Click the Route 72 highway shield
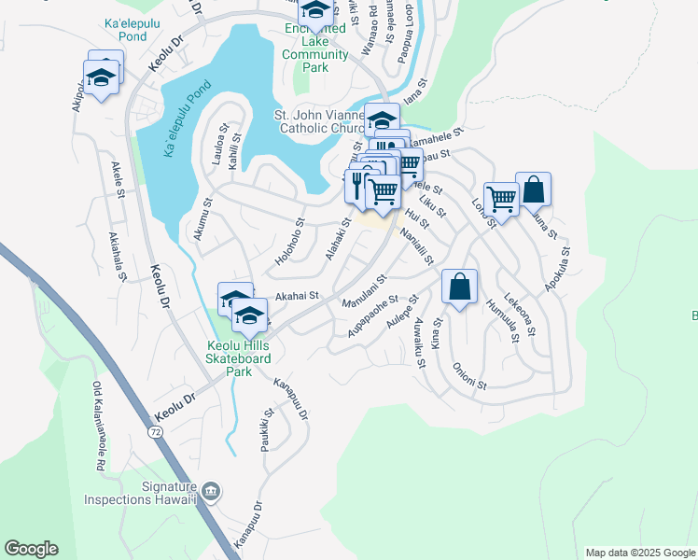click(x=155, y=431)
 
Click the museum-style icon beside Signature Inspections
click(x=212, y=491)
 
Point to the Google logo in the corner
click(x=31, y=549)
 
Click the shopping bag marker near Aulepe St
click(x=459, y=287)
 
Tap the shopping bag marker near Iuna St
click(x=533, y=189)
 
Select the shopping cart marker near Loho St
click(x=501, y=199)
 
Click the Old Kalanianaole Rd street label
click(x=98, y=426)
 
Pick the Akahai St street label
click(x=297, y=295)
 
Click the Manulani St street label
click(x=364, y=292)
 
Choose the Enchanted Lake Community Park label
click(x=315, y=43)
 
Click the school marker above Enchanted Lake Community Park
click(x=315, y=11)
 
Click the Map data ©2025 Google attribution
click(x=639, y=553)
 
